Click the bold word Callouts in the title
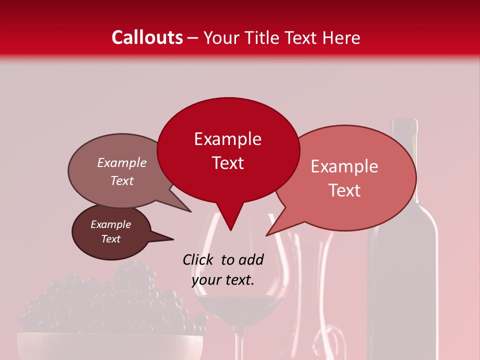pos(147,37)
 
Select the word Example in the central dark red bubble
pos(227,139)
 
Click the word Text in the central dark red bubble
pos(227,163)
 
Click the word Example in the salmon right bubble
pos(344,166)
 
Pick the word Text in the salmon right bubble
pos(344,190)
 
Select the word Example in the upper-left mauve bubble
pos(121,162)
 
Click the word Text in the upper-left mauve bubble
pos(121,180)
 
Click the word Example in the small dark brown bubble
pos(110,224)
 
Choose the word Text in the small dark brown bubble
pos(110,239)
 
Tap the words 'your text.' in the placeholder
pos(223,280)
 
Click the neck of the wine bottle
pos(404,150)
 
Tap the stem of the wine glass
pos(239,345)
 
